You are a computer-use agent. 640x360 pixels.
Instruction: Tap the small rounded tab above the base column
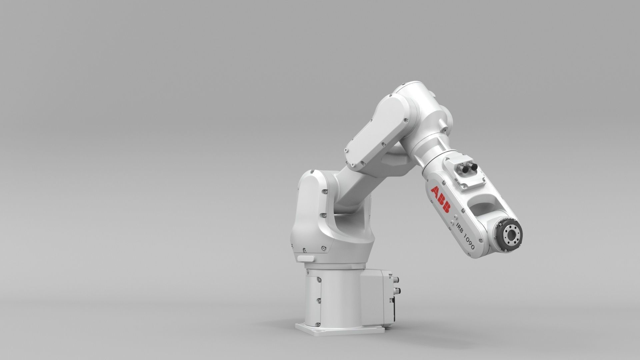[x=306, y=259]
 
